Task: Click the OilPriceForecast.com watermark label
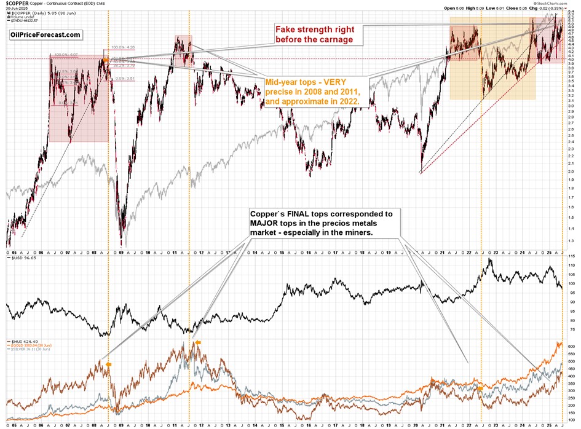pos(45,35)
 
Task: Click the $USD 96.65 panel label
pos(21,259)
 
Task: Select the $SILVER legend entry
pos(28,350)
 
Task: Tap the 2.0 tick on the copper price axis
pos(571,171)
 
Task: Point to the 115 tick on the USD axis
pos(571,255)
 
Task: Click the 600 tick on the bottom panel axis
pos(571,347)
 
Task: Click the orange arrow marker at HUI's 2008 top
pos(109,364)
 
